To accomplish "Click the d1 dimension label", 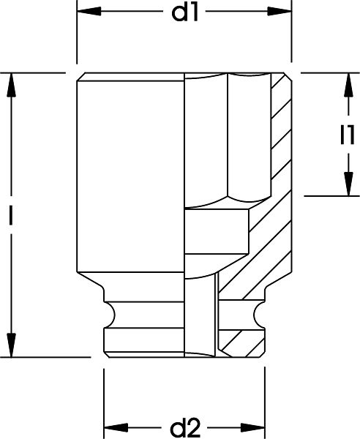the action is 185,13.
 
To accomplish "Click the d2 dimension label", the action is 185,428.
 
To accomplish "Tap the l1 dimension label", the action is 348,135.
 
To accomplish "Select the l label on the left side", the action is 11,215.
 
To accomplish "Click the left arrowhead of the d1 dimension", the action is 89,12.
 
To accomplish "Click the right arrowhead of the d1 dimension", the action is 280,12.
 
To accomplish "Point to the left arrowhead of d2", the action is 116,427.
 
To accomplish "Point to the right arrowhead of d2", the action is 252,427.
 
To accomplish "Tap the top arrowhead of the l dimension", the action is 11,85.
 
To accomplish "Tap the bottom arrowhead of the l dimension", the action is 11,345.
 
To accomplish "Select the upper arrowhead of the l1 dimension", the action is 348,85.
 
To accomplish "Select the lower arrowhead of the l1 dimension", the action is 348,184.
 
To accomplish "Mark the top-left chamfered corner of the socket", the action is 81,77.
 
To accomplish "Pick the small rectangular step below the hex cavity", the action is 217,232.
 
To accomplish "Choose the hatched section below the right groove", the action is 241,344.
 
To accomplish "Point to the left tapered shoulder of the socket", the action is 90,282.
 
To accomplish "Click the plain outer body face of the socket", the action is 131,176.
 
